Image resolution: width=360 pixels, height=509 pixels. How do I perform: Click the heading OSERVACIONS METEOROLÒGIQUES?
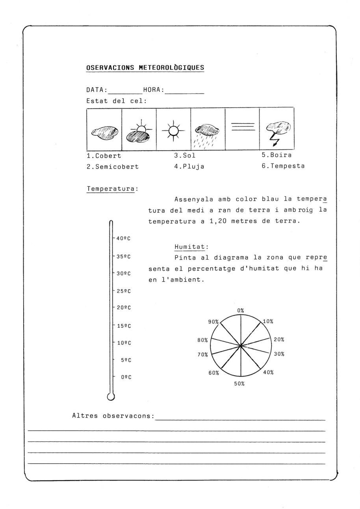coord(145,68)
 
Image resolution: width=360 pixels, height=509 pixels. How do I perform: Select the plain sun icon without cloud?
coord(173,130)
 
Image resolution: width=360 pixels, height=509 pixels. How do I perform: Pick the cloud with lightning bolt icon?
coord(277,131)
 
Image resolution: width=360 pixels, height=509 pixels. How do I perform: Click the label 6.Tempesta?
coord(283,166)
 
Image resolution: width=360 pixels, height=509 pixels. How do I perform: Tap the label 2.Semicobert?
coord(113,167)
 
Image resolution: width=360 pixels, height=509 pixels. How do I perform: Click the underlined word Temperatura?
coord(111,189)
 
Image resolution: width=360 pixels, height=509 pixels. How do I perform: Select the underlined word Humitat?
coord(190,247)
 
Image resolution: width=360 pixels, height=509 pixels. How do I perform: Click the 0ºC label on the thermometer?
coord(126,377)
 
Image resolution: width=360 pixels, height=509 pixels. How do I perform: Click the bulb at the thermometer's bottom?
coord(111,397)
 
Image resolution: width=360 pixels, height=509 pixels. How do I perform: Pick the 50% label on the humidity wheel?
coord(239,384)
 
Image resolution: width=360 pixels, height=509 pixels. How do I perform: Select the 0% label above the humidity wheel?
coord(240,310)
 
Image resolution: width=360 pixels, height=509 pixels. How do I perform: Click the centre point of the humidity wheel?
coord(241,346)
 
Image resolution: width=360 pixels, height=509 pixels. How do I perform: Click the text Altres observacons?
coord(113,416)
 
